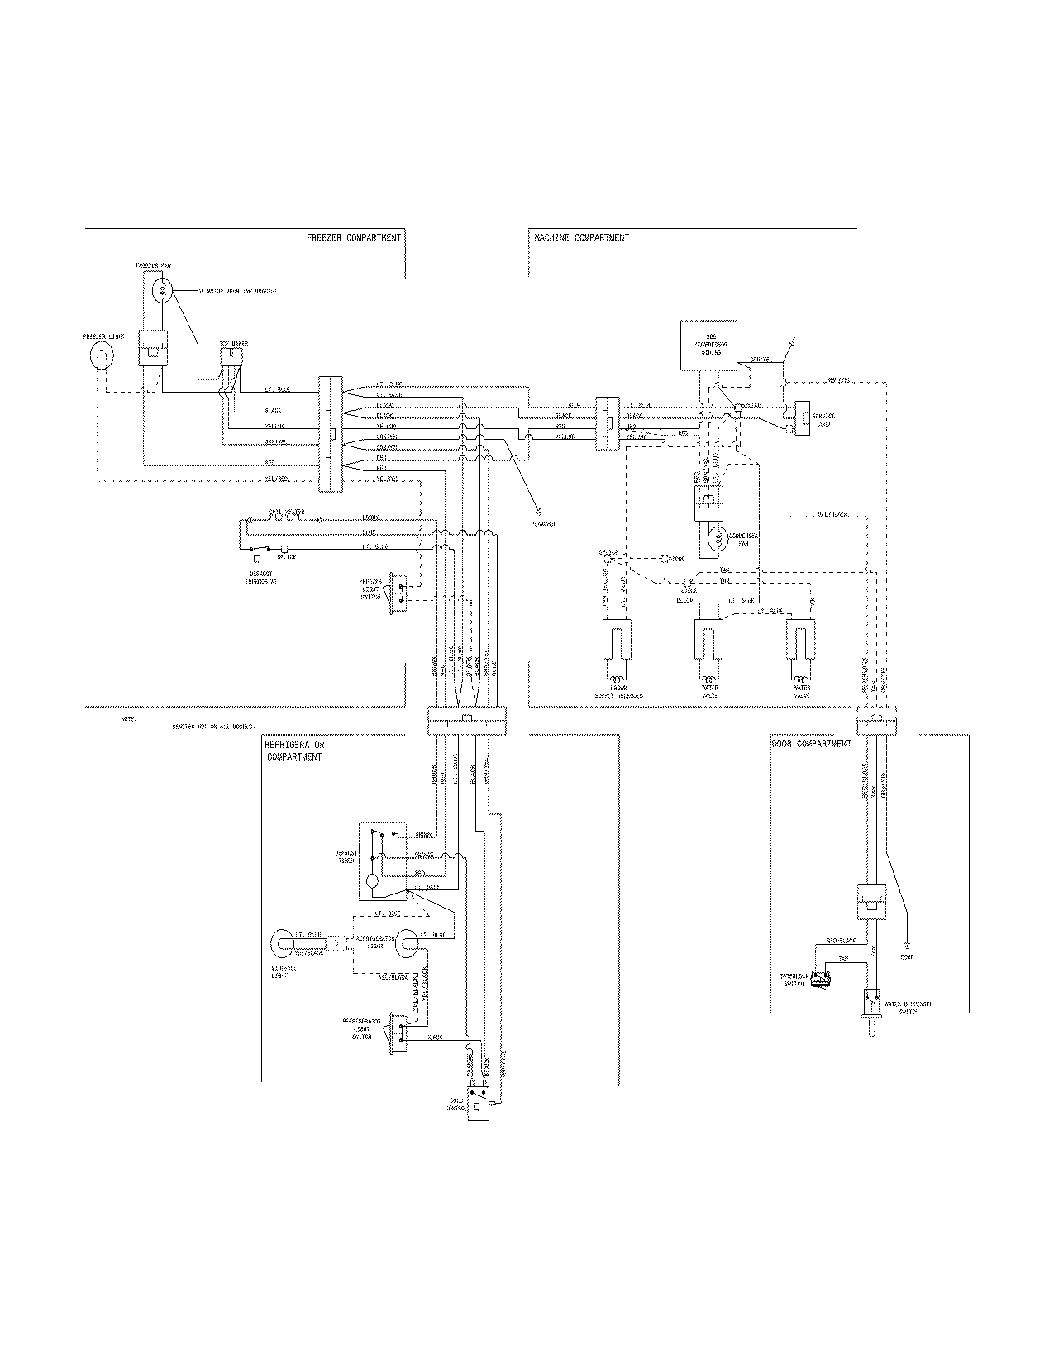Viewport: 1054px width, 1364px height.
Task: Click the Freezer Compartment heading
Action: (x=353, y=238)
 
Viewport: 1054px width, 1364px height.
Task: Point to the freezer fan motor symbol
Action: (x=164, y=290)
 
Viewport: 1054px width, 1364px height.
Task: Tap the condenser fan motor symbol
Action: (x=718, y=539)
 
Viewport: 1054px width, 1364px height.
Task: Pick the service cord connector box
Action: (x=802, y=417)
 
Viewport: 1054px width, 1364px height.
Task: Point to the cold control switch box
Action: (x=479, y=1104)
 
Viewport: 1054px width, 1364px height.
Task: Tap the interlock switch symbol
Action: (x=820, y=981)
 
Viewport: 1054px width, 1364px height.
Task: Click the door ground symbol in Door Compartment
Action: (x=907, y=943)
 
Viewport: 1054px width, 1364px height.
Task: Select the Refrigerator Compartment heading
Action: (x=294, y=751)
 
